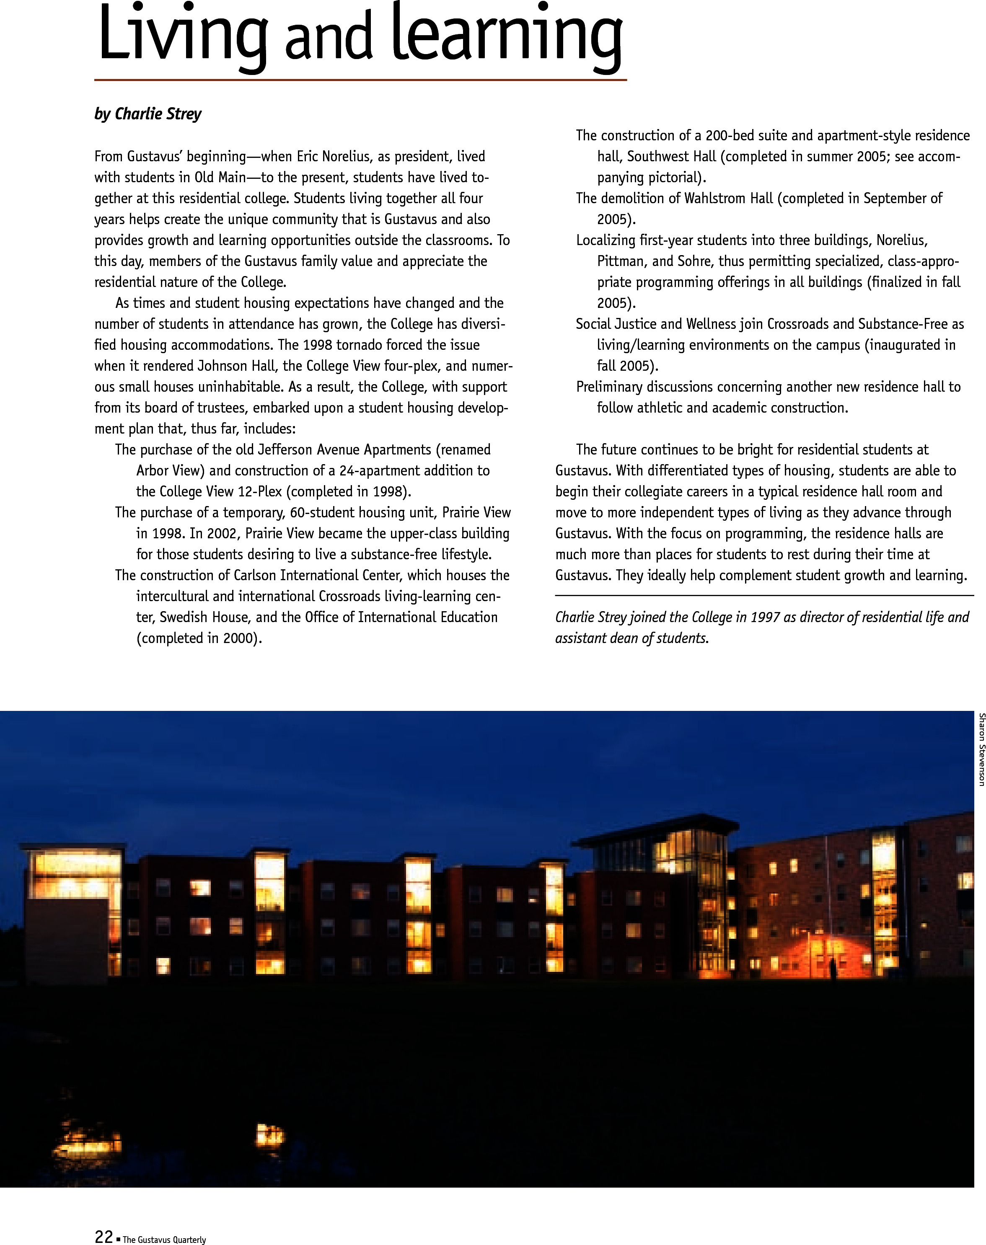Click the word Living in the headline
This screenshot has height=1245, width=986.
[182, 35]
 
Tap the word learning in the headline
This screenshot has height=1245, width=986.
[507, 35]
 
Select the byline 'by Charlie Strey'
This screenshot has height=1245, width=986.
[148, 114]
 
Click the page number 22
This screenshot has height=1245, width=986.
[104, 1236]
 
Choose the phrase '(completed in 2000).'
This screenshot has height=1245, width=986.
[199, 638]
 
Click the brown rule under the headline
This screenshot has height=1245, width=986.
[360, 80]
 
